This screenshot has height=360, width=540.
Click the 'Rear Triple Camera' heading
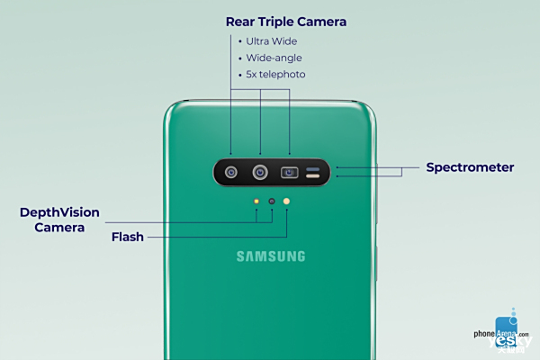(x=286, y=22)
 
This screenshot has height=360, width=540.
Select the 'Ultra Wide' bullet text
(x=272, y=41)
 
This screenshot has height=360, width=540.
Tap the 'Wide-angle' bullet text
(x=274, y=58)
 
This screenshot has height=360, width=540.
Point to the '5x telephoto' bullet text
(x=275, y=75)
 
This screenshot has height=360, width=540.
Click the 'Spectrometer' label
(x=470, y=167)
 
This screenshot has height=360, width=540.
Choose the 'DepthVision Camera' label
(x=59, y=220)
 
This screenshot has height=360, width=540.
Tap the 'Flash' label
(x=128, y=237)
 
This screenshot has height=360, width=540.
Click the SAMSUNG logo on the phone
(x=271, y=256)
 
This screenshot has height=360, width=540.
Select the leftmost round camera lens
(x=231, y=172)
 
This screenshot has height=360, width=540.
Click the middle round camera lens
(x=260, y=172)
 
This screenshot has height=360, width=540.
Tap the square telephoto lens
(x=289, y=172)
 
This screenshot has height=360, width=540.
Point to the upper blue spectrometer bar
(x=312, y=169)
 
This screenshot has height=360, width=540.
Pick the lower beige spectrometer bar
(x=312, y=176)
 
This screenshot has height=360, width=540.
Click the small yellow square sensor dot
(x=256, y=202)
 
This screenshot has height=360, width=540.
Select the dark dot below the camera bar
(x=272, y=202)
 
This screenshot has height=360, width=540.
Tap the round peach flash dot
(x=286, y=202)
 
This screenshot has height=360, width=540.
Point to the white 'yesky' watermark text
(x=510, y=341)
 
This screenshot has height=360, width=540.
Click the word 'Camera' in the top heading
(x=321, y=22)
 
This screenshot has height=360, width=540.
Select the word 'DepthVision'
(x=59, y=212)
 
